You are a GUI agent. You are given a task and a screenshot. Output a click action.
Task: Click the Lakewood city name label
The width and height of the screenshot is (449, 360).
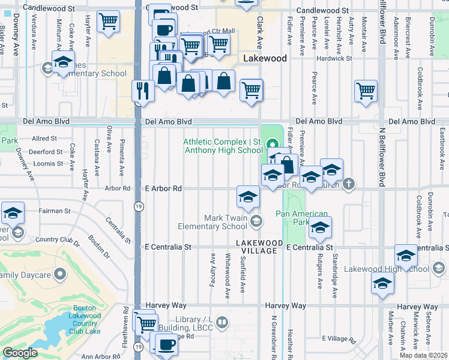(265, 58)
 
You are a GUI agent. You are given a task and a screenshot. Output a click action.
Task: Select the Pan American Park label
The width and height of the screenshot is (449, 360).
(302, 218)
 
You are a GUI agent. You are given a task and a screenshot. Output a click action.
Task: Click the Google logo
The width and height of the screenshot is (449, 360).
(20, 353)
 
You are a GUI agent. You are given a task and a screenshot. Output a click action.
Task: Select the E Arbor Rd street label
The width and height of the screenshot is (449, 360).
(163, 188)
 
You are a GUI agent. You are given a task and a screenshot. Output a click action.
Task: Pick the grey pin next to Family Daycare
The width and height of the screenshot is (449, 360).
(59, 275)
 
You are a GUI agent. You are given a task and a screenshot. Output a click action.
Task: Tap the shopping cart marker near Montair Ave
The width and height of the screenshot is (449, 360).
(366, 91)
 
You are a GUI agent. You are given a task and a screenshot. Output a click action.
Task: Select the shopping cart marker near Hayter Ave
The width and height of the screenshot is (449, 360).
(108, 22)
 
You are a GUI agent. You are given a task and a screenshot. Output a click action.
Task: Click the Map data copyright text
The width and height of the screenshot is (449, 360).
(423, 355)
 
